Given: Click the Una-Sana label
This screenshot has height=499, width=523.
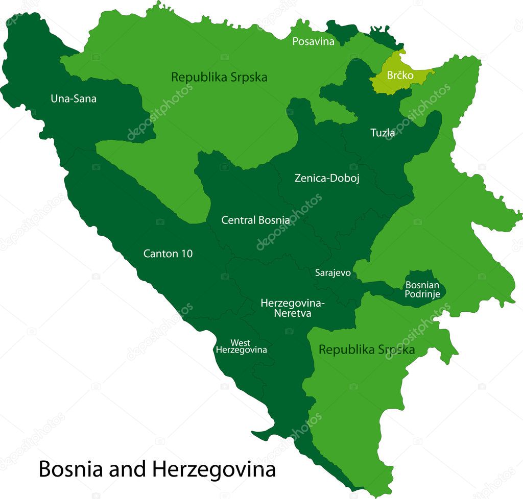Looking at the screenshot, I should [73, 98].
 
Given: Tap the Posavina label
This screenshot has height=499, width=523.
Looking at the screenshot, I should [313, 42].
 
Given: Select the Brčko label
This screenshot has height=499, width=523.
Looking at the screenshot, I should [399, 76].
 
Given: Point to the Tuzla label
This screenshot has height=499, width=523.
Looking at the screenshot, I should [382, 133].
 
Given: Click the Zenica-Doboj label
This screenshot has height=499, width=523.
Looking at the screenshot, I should [327, 179].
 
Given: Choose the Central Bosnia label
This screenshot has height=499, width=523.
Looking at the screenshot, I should [255, 220].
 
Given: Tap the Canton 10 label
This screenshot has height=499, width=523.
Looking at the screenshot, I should [168, 254].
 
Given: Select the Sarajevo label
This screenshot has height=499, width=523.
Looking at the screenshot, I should [332, 273].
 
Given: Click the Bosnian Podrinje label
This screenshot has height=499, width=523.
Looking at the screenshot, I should [422, 290].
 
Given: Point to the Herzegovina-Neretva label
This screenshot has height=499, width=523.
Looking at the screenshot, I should [293, 308].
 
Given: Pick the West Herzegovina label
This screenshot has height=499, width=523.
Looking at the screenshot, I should [241, 346].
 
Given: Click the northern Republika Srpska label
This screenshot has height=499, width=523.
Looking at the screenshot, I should [219, 78].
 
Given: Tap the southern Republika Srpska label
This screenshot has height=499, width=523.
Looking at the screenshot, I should [366, 350].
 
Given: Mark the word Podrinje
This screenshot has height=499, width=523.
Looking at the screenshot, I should [422, 294].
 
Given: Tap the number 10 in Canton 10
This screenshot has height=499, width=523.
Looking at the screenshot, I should [186, 254].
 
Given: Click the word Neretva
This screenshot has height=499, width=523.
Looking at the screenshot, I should [293, 313].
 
